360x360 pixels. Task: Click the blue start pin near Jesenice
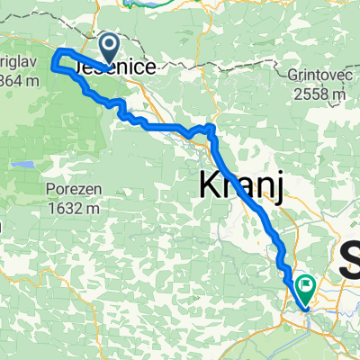click(109, 50)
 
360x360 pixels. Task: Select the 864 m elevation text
click(17, 82)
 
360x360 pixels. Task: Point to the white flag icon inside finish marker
click(306, 284)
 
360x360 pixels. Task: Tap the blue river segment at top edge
click(144, 3)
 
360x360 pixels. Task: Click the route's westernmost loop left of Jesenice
click(56, 59)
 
